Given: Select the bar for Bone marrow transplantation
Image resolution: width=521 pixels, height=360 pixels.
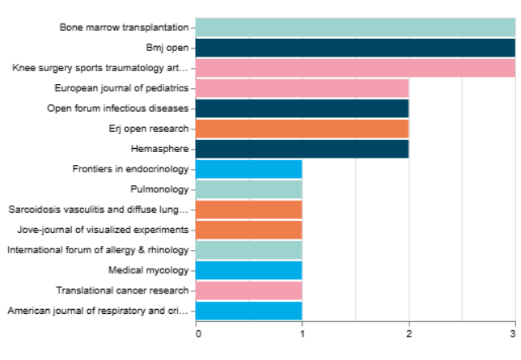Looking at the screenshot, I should [x=355, y=28].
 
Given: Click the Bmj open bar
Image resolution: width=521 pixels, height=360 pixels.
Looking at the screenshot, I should [x=355, y=48].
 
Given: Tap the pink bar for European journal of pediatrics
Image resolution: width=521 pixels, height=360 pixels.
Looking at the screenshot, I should [x=302, y=88].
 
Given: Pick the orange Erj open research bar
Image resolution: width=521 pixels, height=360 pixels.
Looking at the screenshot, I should [x=302, y=129].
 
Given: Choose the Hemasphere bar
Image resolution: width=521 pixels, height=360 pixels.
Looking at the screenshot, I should [x=302, y=149].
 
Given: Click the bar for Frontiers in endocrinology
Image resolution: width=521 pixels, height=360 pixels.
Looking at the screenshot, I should [x=248, y=169].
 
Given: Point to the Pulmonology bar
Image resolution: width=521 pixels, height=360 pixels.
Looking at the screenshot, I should [x=248, y=189].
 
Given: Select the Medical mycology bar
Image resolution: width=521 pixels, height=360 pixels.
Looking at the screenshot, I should [x=248, y=270].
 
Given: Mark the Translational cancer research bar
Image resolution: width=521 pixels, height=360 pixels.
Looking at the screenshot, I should [x=248, y=290].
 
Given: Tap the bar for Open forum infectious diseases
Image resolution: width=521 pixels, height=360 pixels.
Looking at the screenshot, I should [x=302, y=108].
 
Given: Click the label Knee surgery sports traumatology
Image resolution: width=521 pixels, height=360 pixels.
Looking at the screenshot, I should [x=100, y=68].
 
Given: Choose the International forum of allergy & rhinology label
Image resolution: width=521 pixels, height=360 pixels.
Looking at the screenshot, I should [x=98, y=250].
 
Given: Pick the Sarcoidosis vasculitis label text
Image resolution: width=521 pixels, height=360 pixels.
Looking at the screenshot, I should [x=98, y=210].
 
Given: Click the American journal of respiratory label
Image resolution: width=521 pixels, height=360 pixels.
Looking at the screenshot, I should [x=98, y=311].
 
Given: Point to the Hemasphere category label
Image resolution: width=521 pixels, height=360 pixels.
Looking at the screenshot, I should [x=159, y=149].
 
